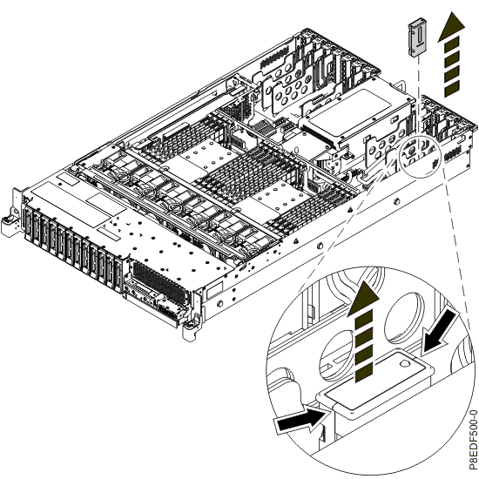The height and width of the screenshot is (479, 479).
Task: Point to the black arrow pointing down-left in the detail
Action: pyautogui.click(x=440, y=332)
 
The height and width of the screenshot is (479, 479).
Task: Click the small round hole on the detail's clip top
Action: pyautogui.click(x=404, y=363)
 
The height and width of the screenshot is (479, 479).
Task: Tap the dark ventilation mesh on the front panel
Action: pyautogui.click(x=159, y=282)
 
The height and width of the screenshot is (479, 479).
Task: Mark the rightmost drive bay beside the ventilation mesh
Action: pyautogui.click(x=118, y=272)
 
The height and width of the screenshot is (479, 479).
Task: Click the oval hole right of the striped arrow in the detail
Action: pyautogui.click(x=404, y=318)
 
